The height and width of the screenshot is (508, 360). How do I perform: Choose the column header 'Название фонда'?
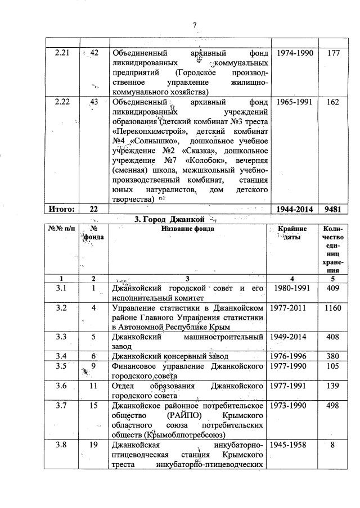[188, 229]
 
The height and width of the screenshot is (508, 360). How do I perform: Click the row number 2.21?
[61, 52]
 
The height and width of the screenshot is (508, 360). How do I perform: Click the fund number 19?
[94, 446]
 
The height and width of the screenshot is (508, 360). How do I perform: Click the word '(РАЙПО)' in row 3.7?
[184, 415]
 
